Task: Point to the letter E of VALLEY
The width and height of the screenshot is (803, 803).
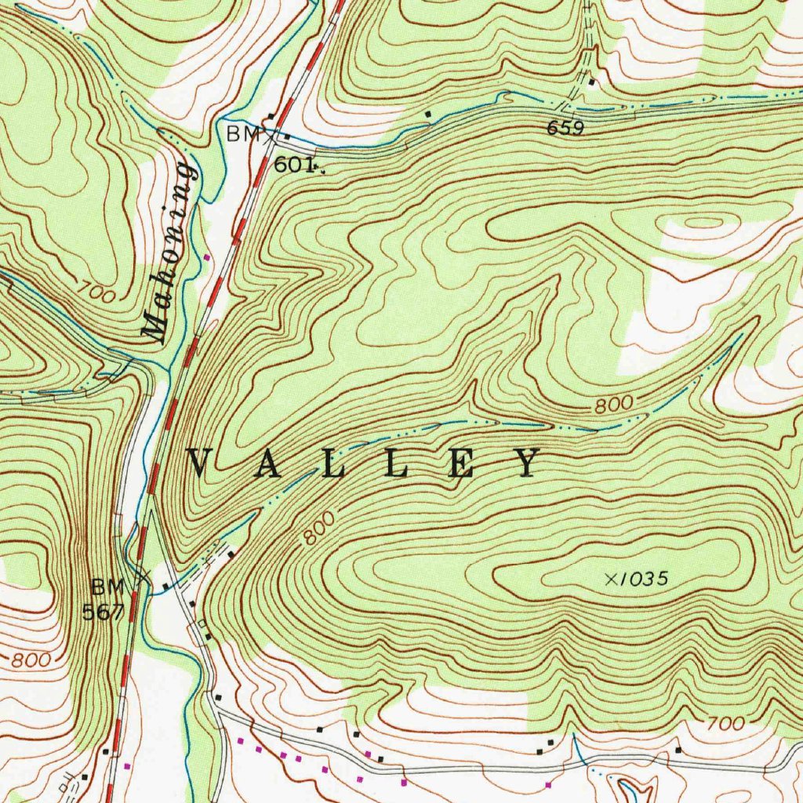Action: point(463,463)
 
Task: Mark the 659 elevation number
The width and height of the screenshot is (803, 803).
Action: point(565,129)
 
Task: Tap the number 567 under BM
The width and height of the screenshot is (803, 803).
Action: point(103,612)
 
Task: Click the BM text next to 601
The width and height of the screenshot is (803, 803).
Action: point(242,135)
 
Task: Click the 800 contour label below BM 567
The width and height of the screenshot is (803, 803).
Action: point(31,659)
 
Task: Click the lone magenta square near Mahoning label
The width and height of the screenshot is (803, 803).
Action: point(207,256)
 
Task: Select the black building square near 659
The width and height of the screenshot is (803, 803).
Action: point(592,82)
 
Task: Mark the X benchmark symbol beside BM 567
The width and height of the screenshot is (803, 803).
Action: point(141,579)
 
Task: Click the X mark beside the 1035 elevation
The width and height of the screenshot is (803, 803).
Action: point(612,579)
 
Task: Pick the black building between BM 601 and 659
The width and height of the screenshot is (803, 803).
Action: point(428,115)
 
